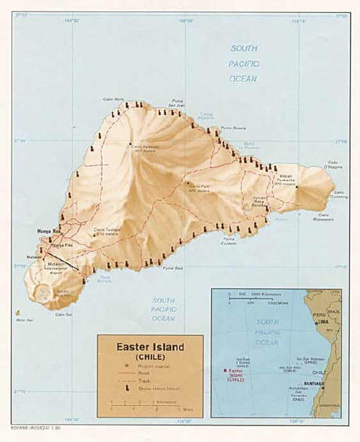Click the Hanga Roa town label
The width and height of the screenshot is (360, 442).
tap(48, 231)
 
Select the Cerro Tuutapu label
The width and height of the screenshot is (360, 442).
tap(106, 233)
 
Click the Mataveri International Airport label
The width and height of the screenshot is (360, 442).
tap(57, 268)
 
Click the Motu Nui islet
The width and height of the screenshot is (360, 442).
tap(17, 313)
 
